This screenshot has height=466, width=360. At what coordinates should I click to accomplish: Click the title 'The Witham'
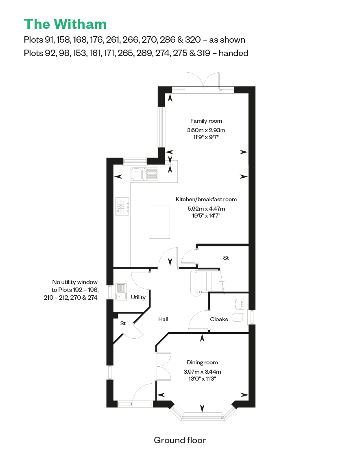coord(65,24)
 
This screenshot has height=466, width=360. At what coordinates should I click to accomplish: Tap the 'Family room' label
coord(206,121)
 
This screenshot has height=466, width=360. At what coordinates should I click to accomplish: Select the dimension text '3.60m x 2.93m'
coord(206,130)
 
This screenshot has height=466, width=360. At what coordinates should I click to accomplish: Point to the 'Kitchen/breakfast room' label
coord(206,199)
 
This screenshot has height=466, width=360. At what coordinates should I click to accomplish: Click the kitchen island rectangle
coord(159,222)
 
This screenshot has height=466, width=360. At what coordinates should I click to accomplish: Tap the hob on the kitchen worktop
coord(122,206)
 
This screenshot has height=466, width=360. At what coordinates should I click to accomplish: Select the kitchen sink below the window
coord(144,174)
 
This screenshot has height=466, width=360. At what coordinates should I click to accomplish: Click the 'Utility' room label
coord(138,298)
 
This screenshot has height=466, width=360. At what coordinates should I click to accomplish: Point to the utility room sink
coord(121,292)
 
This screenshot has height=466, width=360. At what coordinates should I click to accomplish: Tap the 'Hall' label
coord(163,320)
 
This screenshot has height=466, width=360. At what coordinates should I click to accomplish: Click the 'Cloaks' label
coord(219,320)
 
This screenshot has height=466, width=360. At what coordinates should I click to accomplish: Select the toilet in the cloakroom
coord(238,317)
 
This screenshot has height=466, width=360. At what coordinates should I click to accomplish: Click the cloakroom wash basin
coord(239,304)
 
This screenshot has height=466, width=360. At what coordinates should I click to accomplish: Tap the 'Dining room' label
coord(202,363)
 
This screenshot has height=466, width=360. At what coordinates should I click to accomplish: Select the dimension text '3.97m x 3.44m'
coord(202,372)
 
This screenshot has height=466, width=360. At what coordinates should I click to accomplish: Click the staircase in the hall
coord(207,282)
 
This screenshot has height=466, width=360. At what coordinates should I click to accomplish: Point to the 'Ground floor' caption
coord(180,440)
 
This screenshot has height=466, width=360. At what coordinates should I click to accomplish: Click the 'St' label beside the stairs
coord(226,258)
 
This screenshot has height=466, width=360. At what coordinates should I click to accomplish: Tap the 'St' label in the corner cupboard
coord(123,323)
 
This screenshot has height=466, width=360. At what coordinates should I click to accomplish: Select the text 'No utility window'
coord(74,282)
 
